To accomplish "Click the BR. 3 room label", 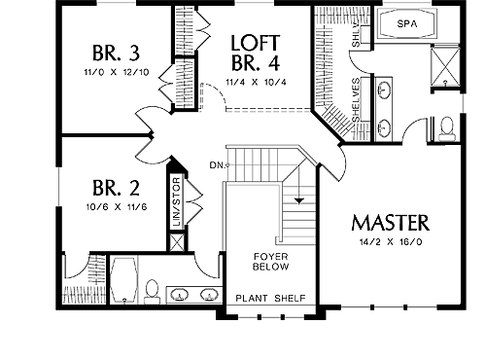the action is [x=116, y=54].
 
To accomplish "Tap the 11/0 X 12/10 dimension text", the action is [x=117, y=72].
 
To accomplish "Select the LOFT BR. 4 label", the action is [x=256, y=53].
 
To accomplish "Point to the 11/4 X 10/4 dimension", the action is [x=256, y=82].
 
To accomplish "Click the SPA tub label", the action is [x=407, y=23].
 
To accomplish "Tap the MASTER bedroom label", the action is [x=391, y=223].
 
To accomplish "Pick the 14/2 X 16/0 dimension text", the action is [x=391, y=242].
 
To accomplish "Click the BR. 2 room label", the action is [x=116, y=188].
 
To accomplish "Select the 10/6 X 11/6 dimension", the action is [x=117, y=206].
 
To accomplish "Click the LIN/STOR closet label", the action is [x=177, y=201].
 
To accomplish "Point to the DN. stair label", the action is [x=217, y=165].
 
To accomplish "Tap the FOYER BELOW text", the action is [x=271, y=262].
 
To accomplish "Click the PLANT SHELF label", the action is [x=270, y=298].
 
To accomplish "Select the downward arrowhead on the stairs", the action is [x=299, y=200].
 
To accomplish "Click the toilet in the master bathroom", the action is [x=447, y=129].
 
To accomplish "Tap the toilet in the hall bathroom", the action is [x=152, y=292].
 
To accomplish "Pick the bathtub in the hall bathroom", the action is [x=123, y=280].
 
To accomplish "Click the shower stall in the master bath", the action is [x=445, y=67].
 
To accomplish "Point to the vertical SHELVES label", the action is [x=356, y=100].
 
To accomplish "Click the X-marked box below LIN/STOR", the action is [x=177, y=242].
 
